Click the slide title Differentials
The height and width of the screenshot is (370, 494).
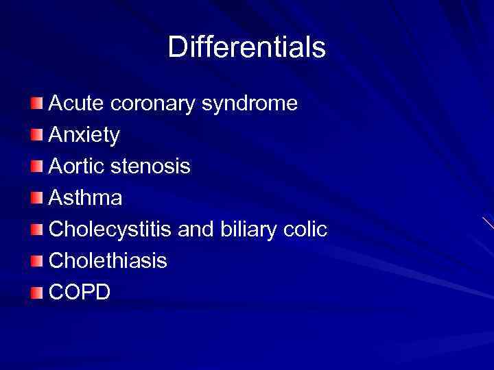pyautogui.click(x=247, y=47)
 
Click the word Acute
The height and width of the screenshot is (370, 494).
pyautogui.click(x=74, y=103)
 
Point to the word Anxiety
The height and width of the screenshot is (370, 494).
pyautogui.click(x=84, y=136)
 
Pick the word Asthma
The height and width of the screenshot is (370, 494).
pyautogui.click(x=86, y=198)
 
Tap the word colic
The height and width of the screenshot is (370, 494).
pyautogui.click(x=307, y=230)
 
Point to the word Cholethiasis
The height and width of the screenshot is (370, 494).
pyautogui.click(x=108, y=261)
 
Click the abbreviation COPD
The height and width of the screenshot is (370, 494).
pyautogui.click(x=80, y=293)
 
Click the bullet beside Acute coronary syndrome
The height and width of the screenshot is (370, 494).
pyautogui.click(x=36, y=104)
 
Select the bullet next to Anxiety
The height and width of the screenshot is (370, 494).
pyautogui.click(x=36, y=136)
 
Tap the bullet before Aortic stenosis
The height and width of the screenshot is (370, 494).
pyautogui.click(x=36, y=167)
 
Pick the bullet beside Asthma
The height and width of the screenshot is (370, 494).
pyautogui.click(x=36, y=199)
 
